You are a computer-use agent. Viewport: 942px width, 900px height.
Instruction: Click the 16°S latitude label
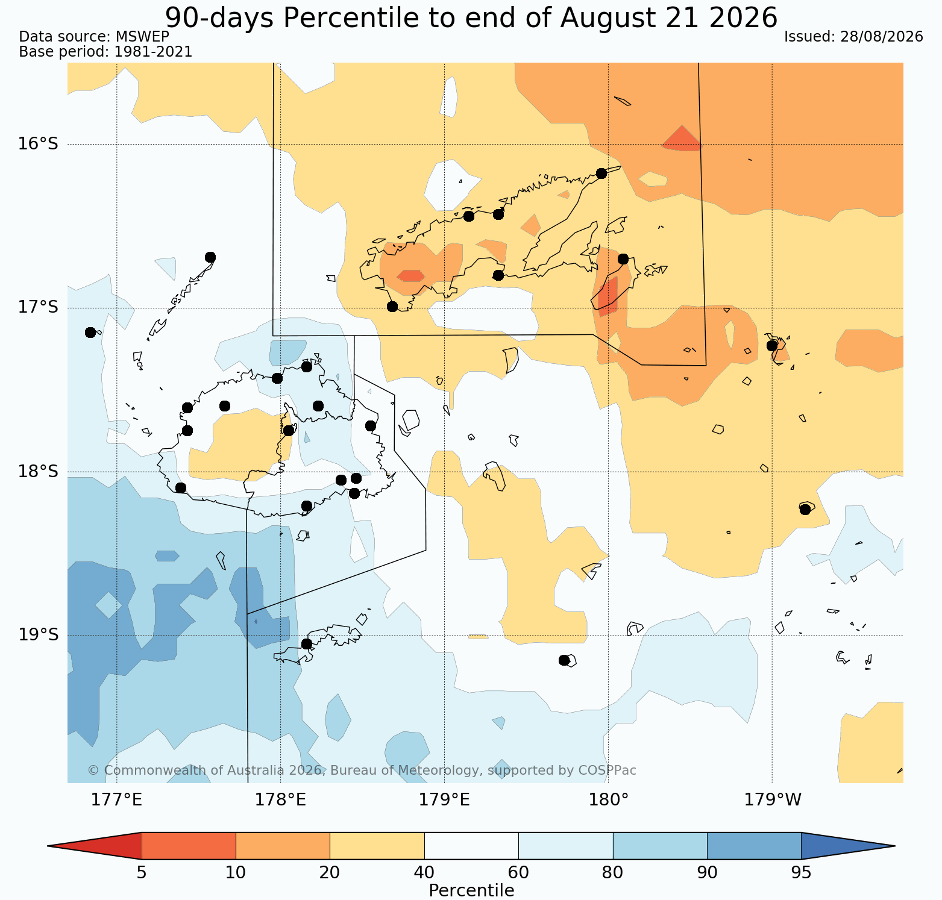(x=38, y=144)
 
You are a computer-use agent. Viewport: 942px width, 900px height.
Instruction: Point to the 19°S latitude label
(x=38, y=635)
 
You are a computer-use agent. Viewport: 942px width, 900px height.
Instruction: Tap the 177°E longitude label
(x=116, y=800)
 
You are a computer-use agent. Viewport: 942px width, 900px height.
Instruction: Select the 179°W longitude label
(x=773, y=800)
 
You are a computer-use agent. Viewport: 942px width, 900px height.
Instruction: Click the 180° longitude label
(x=608, y=800)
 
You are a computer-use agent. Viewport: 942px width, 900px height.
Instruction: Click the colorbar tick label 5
(x=142, y=873)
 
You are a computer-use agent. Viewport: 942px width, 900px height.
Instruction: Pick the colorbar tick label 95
(x=802, y=873)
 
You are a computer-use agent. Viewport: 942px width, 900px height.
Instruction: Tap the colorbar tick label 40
(x=424, y=873)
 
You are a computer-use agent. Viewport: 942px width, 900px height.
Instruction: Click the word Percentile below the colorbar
(x=471, y=890)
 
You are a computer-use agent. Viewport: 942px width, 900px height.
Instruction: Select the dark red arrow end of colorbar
(x=95, y=846)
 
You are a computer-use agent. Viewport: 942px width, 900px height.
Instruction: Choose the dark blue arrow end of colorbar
(x=848, y=846)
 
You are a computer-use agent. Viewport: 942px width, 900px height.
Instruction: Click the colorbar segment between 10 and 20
(x=283, y=846)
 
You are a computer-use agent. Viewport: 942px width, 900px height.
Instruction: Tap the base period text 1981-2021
(x=153, y=52)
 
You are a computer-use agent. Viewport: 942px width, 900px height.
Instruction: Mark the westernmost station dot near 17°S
(x=90, y=332)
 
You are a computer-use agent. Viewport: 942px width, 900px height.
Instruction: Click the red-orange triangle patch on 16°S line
(x=682, y=139)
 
